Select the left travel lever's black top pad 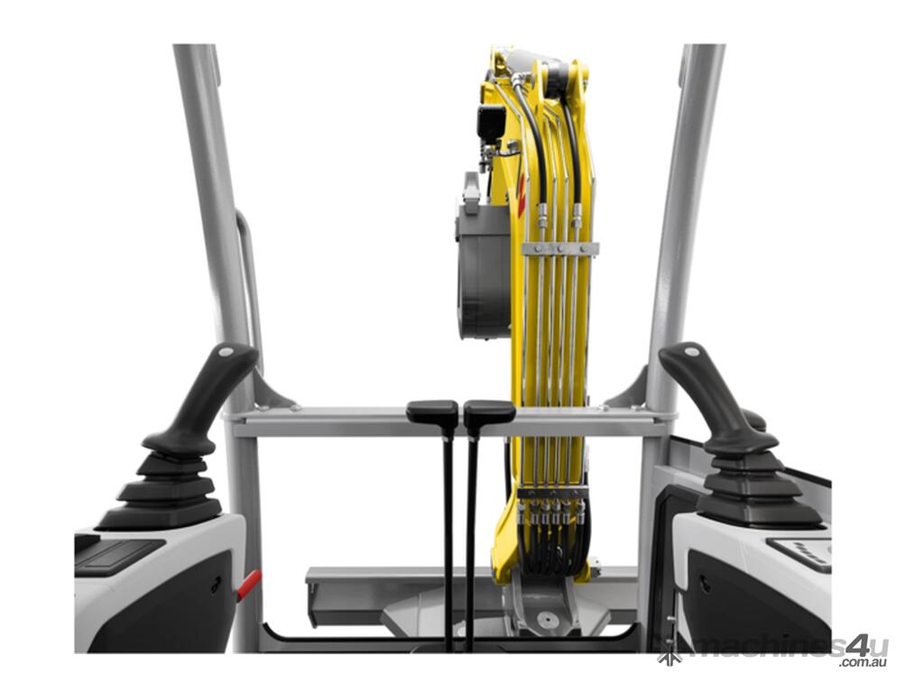point(432,411)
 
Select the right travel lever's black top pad point(489,411)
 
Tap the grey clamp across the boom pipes point(559,249)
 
